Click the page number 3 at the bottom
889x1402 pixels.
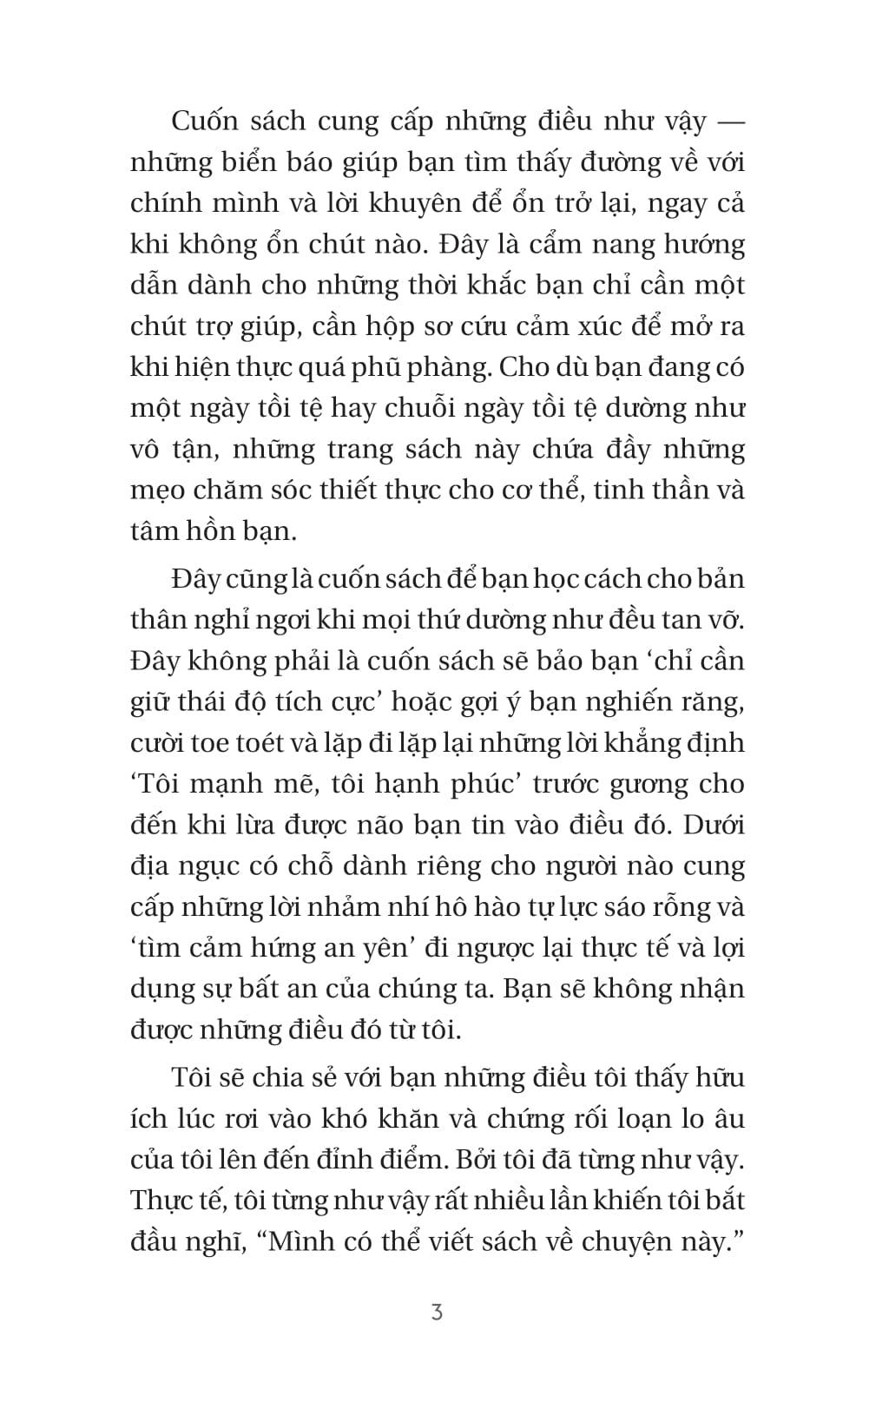point(437,1312)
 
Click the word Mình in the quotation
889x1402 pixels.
point(304,1241)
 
